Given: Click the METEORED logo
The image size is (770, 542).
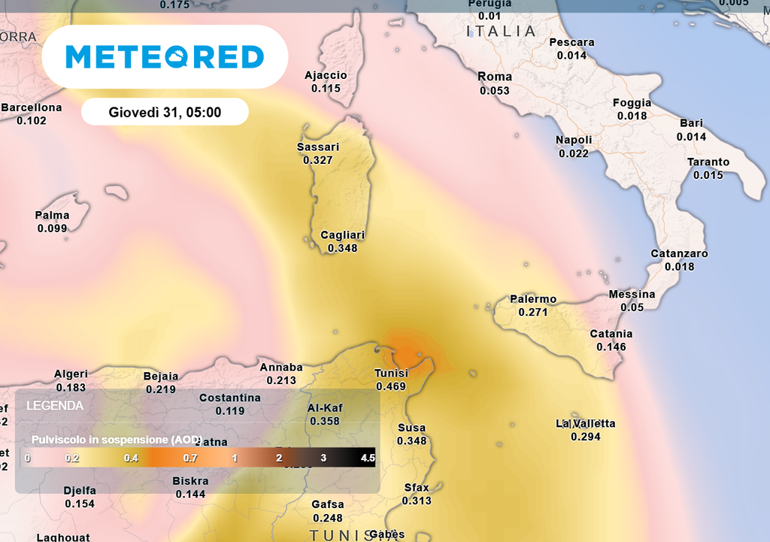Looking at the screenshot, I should coord(165,57).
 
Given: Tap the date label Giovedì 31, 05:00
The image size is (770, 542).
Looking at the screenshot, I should coord(165,112).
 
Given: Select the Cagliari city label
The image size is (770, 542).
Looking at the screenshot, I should coord(343,235).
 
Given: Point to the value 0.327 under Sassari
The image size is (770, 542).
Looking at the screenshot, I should coord(318,160).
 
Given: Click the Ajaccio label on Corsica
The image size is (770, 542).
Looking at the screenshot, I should coord(326,75).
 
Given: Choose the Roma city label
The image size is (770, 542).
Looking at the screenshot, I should coord(495,77).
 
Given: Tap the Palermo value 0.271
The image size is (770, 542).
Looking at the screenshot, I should coord(533,312).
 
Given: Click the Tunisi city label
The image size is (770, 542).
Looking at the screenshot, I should coord(391,374).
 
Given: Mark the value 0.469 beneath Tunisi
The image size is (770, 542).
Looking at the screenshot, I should coord(391,387).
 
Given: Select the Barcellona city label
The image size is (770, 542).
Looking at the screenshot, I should coord(32,107).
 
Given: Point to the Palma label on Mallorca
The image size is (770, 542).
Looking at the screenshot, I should coord(52,216).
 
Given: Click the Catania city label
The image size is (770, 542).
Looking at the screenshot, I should coord(611,334).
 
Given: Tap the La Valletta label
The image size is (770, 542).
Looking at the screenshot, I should coord(586,423).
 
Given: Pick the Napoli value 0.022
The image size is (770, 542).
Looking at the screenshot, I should coord(574,153).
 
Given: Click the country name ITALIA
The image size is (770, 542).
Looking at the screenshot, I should coord(502,32).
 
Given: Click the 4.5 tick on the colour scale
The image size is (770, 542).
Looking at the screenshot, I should coord(368,458).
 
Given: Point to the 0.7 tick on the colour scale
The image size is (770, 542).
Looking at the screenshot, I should coord(189,458).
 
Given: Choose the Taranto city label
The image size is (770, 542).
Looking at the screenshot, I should coord(708,162).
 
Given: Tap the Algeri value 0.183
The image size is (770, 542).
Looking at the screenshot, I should coord(71,387).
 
